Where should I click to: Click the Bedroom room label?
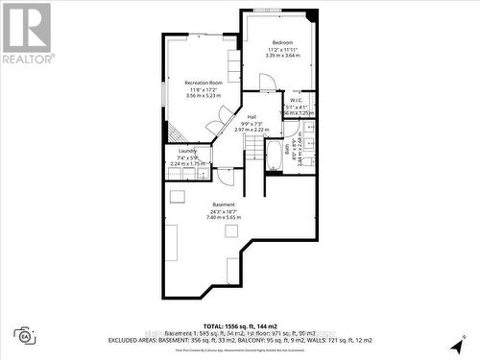[282, 43]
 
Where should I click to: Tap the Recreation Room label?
[203, 84]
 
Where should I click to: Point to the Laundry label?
[187, 151]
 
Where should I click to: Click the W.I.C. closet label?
[297, 100]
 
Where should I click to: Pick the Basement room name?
[223, 204]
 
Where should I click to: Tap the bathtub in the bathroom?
[274, 156]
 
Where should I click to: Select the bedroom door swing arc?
[266, 83]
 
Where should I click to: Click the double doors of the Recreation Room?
[224, 117]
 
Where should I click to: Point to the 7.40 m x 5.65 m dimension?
[223, 218]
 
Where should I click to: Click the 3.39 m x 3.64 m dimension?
[282, 57]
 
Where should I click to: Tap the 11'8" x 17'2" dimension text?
[203, 90]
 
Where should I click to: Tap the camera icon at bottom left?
[24, 335]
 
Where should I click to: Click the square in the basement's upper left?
[177, 196]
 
